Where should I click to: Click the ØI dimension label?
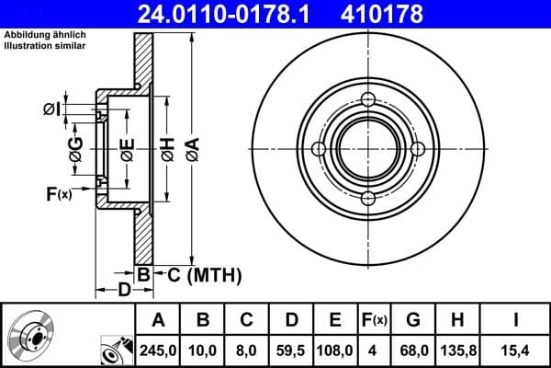(x=53, y=110)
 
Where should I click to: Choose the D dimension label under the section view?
(x=124, y=292)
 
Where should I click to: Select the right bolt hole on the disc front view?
(x=417, y=149)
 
